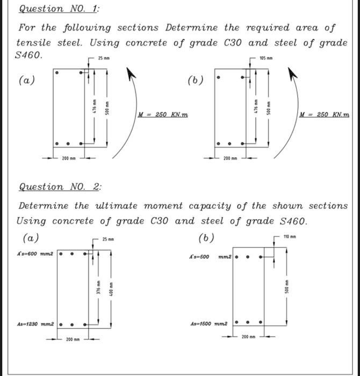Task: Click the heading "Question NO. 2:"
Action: tap(60, 187)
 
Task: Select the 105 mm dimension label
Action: tap(266, 57)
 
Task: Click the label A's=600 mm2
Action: tap(35, 254)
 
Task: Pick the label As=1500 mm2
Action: tap(209, 324)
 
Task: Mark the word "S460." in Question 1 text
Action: tap(29, 55)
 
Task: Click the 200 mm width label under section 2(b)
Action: tap(248, 337)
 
